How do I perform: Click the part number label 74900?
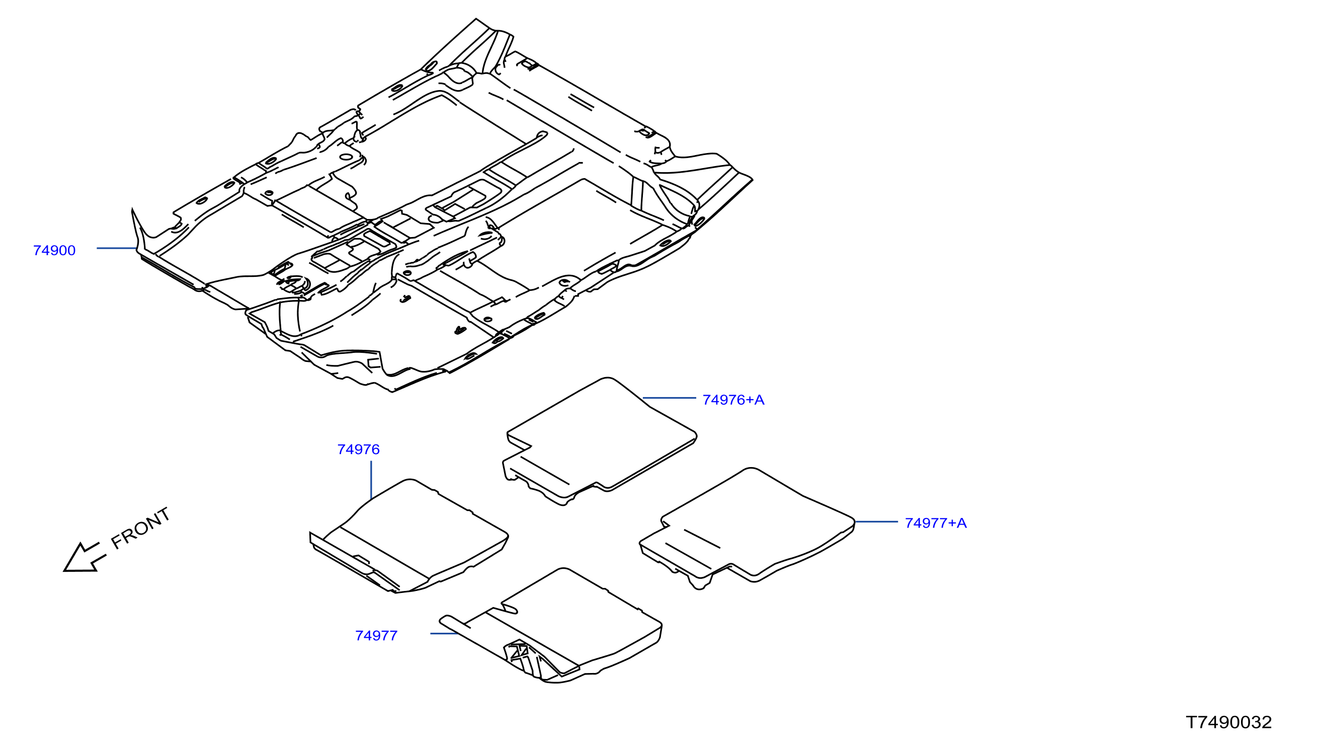(x=54, y=251)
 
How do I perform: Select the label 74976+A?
(x=733, y=400)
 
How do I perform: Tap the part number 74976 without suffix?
(x=359, y=450)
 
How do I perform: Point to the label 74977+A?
(x=936, y=523)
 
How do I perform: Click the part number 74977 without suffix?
(x=376, y=636)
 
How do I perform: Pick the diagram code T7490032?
(x=1229, y=722)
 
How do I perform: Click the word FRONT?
(x=140, y=528)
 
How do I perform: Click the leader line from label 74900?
(x=117, y=248)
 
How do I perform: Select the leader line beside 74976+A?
(x=669, y=398)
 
